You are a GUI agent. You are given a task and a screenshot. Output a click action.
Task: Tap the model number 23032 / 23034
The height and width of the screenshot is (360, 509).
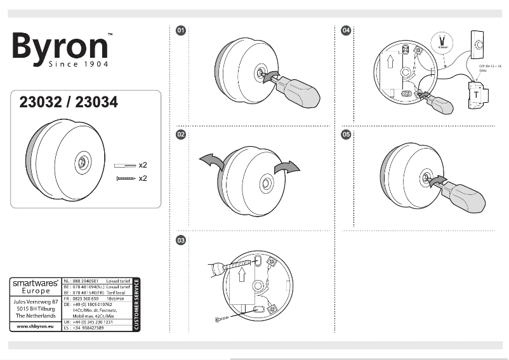point(69,102)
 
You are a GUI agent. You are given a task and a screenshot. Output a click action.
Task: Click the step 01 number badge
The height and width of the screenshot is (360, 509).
point(181,30)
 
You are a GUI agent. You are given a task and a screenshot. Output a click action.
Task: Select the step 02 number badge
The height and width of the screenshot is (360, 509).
point(181,135)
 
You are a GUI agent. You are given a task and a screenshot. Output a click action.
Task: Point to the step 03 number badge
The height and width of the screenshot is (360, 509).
point(181,240)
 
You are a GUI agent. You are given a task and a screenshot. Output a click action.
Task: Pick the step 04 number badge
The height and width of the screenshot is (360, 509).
point(346,30)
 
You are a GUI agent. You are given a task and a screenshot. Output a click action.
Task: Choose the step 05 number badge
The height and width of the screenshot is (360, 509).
point(346,135)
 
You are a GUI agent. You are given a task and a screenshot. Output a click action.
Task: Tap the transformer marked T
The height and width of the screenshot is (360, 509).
point(477,95)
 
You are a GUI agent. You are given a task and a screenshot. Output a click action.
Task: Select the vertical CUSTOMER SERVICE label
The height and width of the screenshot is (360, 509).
point(136,304)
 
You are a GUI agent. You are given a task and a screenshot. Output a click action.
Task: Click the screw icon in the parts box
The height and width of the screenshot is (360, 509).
point(126,179)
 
